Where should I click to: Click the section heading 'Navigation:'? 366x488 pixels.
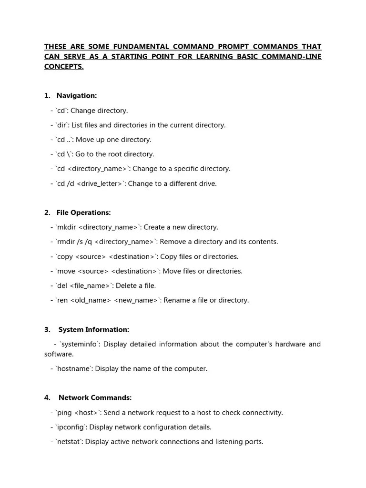coord(76,96)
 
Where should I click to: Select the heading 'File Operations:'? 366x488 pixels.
coord(83,213)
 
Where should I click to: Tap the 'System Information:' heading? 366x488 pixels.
coord(93,330)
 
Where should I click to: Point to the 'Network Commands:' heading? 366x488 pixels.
coord(95,398)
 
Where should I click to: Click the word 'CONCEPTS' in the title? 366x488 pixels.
coord(63,67)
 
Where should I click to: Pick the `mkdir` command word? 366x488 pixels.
coord(66,227)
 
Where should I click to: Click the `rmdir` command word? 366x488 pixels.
coord(66,242)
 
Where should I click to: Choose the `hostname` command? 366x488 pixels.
coord(73,369)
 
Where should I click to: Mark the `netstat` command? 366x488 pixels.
coord(69,442)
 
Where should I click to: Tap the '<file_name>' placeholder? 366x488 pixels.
coord(91,286)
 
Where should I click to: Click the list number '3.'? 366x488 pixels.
coord(47,330)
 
